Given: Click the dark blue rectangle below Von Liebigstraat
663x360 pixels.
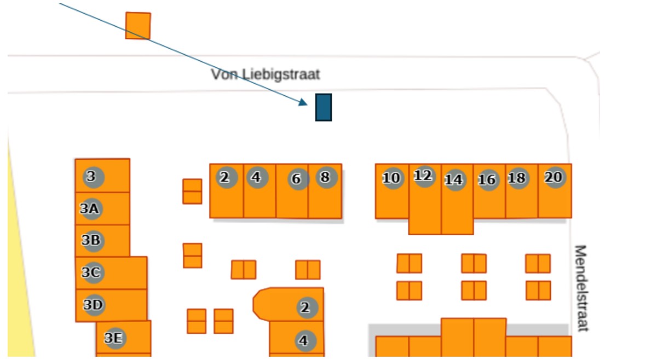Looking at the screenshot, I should [x=324, y=107].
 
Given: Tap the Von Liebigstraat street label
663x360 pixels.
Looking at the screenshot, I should [x=266, y=74].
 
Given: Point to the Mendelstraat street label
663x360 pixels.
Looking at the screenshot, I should [x=580, y=288].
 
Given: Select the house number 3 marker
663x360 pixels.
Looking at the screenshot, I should [x=93, y=177].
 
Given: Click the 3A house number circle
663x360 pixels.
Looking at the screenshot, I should [x=90, y=208].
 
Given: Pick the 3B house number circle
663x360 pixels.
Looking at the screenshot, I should [x=93, y=240].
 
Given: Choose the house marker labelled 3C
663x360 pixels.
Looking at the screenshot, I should [x=92, y=272].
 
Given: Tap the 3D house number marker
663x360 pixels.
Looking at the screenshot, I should [x=94, y=305].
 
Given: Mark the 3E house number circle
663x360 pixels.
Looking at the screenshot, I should [x=114, y=339].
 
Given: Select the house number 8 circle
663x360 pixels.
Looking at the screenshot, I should [x=326, y=177].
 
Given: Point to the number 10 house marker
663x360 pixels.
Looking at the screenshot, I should [x=392, y=178].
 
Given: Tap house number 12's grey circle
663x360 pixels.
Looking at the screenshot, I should [x=424, y=176].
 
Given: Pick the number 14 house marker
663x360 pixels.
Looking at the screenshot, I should [x=454, y=180].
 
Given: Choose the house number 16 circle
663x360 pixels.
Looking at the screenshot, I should [x=487, y=180].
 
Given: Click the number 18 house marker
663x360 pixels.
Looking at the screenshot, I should [x=517, y=178].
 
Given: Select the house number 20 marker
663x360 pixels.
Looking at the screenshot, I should [x=554, y=177].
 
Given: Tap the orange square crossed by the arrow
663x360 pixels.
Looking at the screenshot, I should [x=138, y=26].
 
